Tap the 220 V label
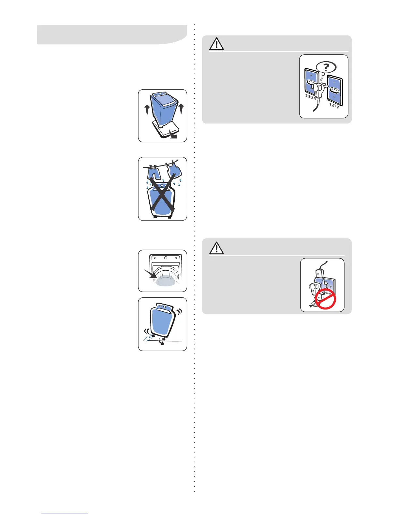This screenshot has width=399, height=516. [310, 96]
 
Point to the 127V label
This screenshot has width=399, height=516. [334, 105]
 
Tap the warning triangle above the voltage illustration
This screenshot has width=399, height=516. [216, 44]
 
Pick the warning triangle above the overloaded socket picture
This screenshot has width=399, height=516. [216, 248]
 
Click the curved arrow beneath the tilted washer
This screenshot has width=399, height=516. [160, 342]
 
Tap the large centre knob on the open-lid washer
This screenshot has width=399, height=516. [166, 258]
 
